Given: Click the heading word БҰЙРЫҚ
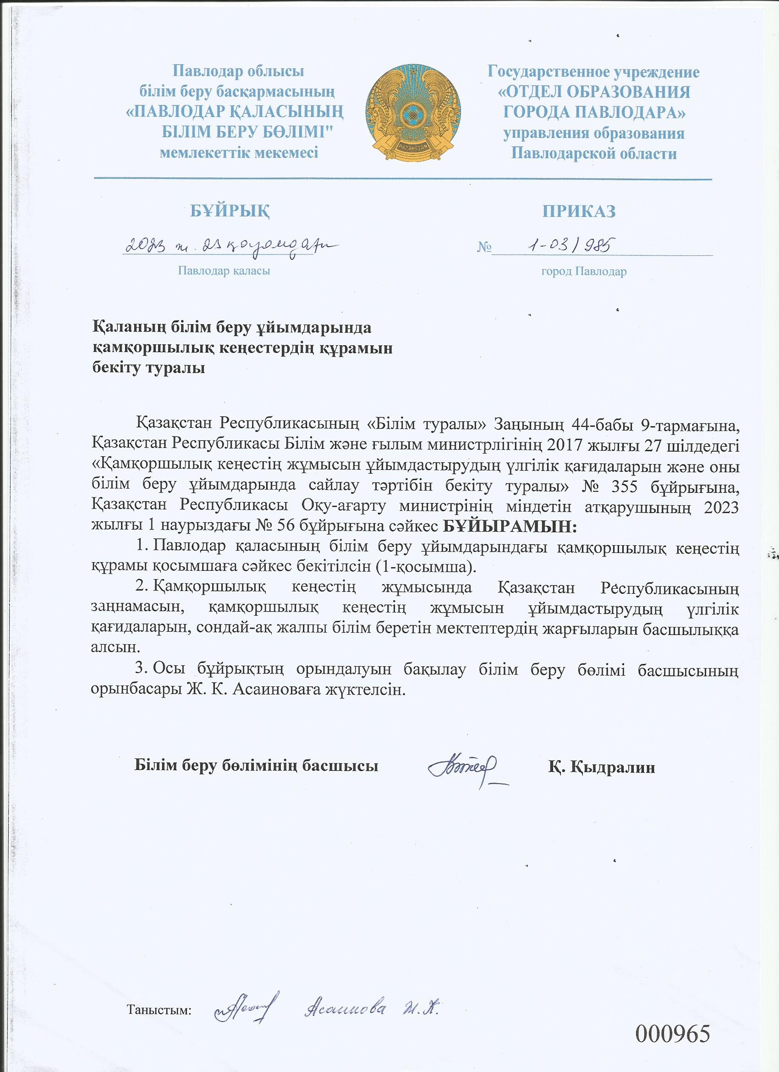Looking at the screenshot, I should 230,211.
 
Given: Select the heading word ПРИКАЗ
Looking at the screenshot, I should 579,211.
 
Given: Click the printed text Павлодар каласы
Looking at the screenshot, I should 224,271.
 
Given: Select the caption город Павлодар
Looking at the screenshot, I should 584,272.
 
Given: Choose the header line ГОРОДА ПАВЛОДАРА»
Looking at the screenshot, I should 594,112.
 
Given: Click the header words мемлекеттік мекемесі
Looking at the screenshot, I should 239,153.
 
